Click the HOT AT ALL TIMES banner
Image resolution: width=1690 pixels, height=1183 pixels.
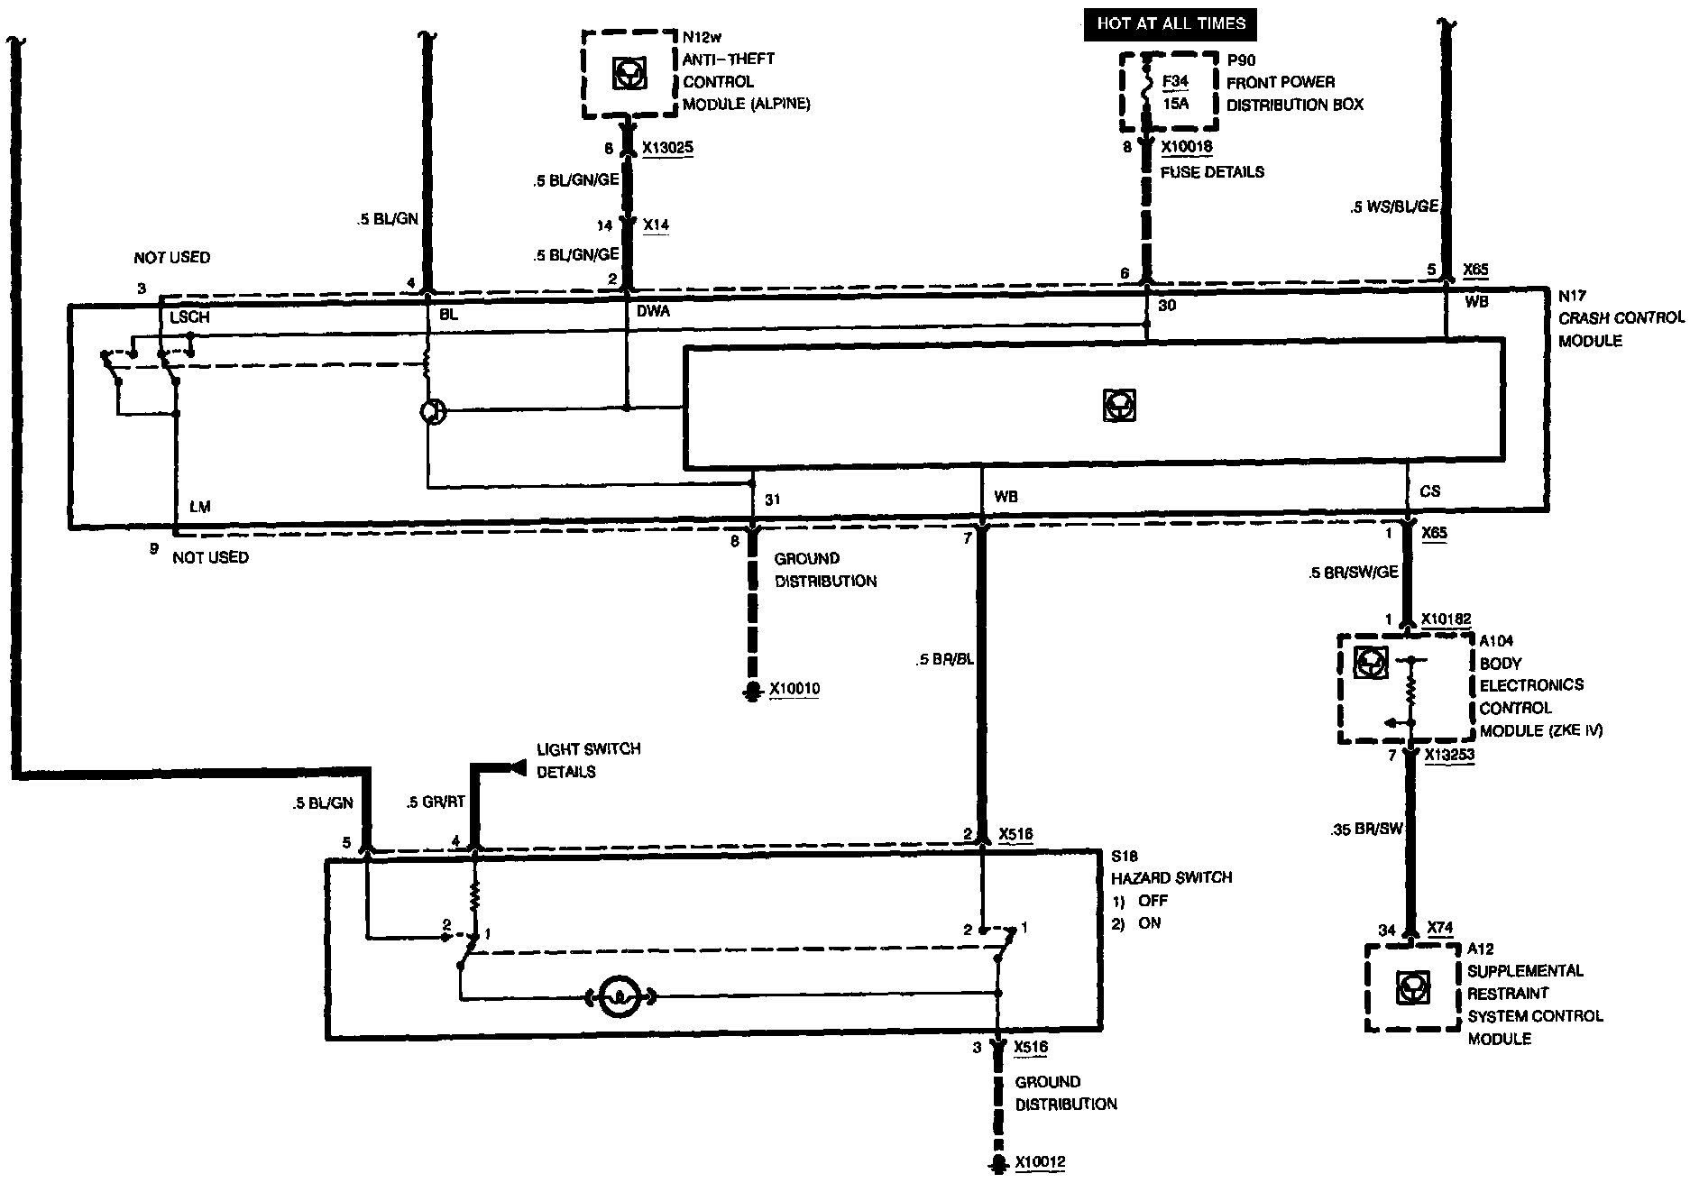[x=1171, y=23]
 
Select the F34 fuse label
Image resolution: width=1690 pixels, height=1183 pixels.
[x=1175, y=81]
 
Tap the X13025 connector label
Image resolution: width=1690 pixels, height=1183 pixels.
[x=667, y=148]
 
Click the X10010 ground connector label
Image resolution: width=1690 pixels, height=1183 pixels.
[x=794, y=690]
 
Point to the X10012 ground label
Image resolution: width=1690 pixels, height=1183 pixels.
[x=1040, y=1162]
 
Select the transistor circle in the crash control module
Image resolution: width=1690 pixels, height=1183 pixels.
[x=433, y=412]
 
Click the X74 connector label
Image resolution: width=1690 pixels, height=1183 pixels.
[x=1440, y=929]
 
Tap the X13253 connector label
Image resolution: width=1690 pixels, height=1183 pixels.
[x=1449, y=756]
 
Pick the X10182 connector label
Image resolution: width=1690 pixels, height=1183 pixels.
[x=1446, y=619]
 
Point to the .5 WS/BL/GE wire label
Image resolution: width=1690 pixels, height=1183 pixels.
[x=1394, y=206]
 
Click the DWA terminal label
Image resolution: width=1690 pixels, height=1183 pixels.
[x=653, y=310]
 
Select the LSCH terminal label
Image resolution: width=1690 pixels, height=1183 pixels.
[x=189, y=318]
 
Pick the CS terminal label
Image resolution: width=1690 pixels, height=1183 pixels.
[x=1429, y=491]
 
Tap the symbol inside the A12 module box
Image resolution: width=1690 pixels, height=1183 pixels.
[x=1411, y=987]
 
